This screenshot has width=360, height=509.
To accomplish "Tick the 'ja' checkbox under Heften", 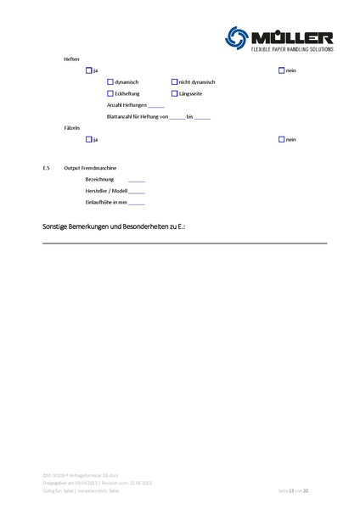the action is (89, 70).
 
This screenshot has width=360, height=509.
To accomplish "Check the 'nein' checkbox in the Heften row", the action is (282, 70).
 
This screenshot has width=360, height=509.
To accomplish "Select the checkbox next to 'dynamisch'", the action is (110, 81).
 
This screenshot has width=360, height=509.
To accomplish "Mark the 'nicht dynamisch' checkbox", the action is (174, 81).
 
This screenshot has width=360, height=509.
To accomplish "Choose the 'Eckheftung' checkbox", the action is (110, 93).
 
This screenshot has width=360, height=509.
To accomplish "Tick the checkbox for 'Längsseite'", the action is (174, 93).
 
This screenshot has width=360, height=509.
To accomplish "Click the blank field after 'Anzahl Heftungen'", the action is (156, 105).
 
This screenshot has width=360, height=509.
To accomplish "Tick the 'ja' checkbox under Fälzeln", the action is (89, 138).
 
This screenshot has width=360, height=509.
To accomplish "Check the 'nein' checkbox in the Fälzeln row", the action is (282, 138).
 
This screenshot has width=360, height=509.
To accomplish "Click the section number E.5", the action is (47, 169).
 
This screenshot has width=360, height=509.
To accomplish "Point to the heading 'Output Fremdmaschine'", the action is (91, 169).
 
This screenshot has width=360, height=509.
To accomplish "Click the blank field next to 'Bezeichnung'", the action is (137, 181).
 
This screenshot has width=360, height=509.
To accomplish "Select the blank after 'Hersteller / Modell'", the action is (137, 193).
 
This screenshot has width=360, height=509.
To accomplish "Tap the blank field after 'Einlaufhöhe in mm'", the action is (137, 204).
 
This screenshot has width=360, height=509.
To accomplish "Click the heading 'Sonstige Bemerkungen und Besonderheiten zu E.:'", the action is (114, 228).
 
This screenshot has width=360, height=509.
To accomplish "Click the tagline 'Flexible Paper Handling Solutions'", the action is (292, 50).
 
